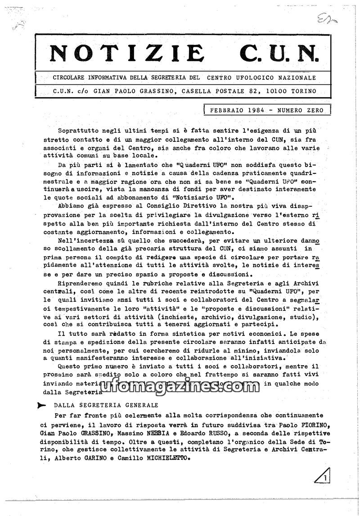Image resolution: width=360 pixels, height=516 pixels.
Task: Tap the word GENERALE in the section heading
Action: (138, 405)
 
